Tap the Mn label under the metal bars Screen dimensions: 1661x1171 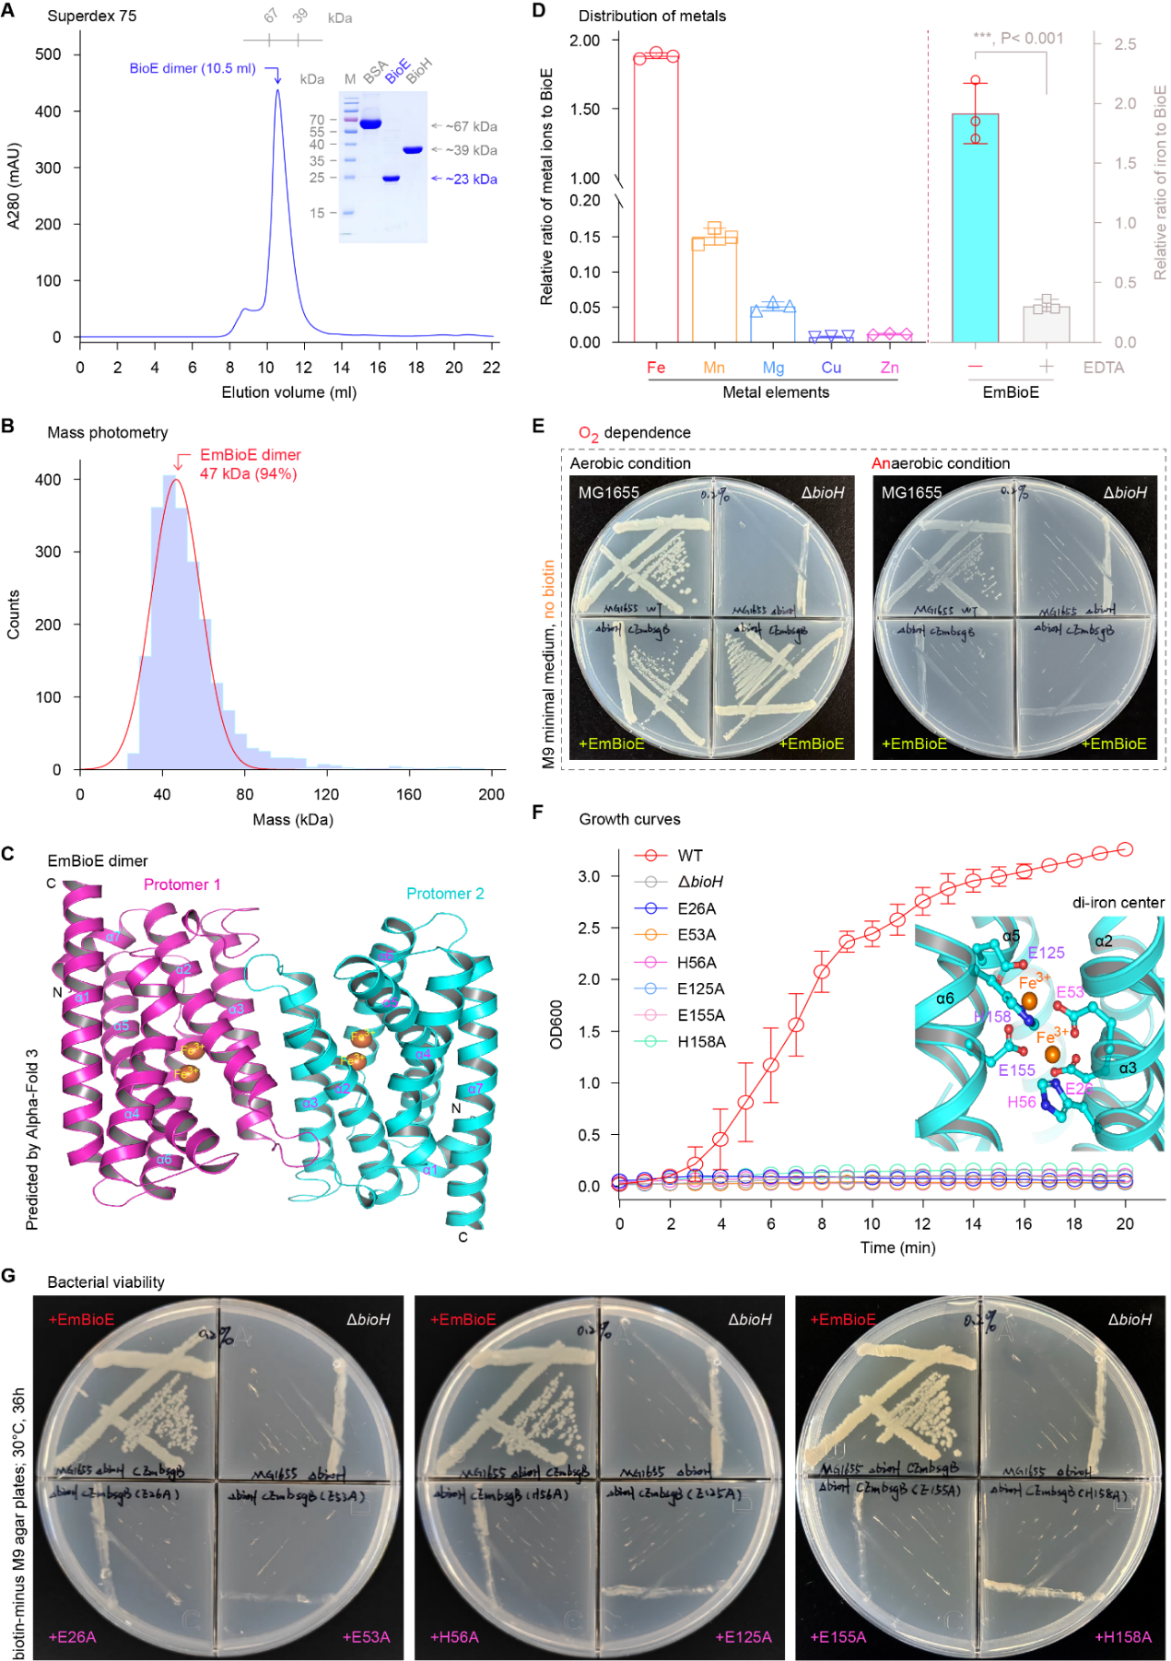714,368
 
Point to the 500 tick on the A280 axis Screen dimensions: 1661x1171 49,54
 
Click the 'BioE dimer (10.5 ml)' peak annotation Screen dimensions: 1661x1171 193,69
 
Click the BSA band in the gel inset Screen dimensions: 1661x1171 370,123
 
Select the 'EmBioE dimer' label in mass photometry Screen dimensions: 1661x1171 251,455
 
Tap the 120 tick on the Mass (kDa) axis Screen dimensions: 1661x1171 326,794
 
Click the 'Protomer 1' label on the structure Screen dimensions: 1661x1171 182,884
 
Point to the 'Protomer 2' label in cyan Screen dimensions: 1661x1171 445,894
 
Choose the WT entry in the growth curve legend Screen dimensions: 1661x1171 689,856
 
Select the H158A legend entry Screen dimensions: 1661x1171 701,1042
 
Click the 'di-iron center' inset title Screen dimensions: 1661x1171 1118,903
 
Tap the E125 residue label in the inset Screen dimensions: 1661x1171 1046,953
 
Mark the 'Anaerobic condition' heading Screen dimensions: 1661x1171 941,463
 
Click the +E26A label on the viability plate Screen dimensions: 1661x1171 72,1637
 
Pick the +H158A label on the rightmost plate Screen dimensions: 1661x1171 1123,1637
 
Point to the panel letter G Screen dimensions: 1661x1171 8,1275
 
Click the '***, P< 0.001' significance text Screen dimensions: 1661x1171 1018,39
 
